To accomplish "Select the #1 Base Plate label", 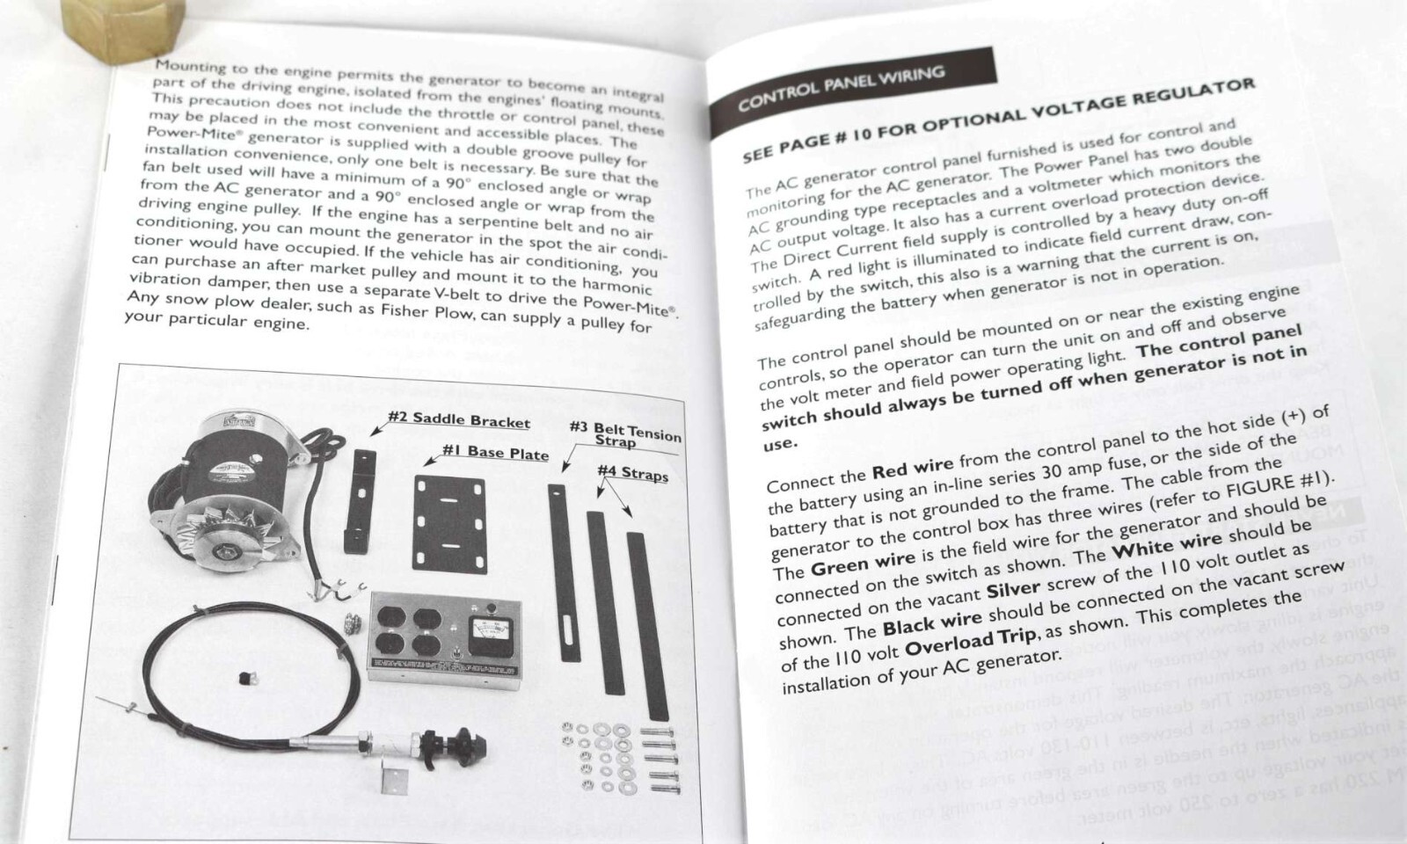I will pyautogui.click(x=495, y=453).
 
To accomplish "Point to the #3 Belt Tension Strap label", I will pyautogui.click(x=624, y=433).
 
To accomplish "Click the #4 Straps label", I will pyautogui.click(x=632, y=473).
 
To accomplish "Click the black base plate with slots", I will pyautogui.click(x=448, y=524).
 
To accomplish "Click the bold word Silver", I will pyautogui.click(x=1013, y=589).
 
